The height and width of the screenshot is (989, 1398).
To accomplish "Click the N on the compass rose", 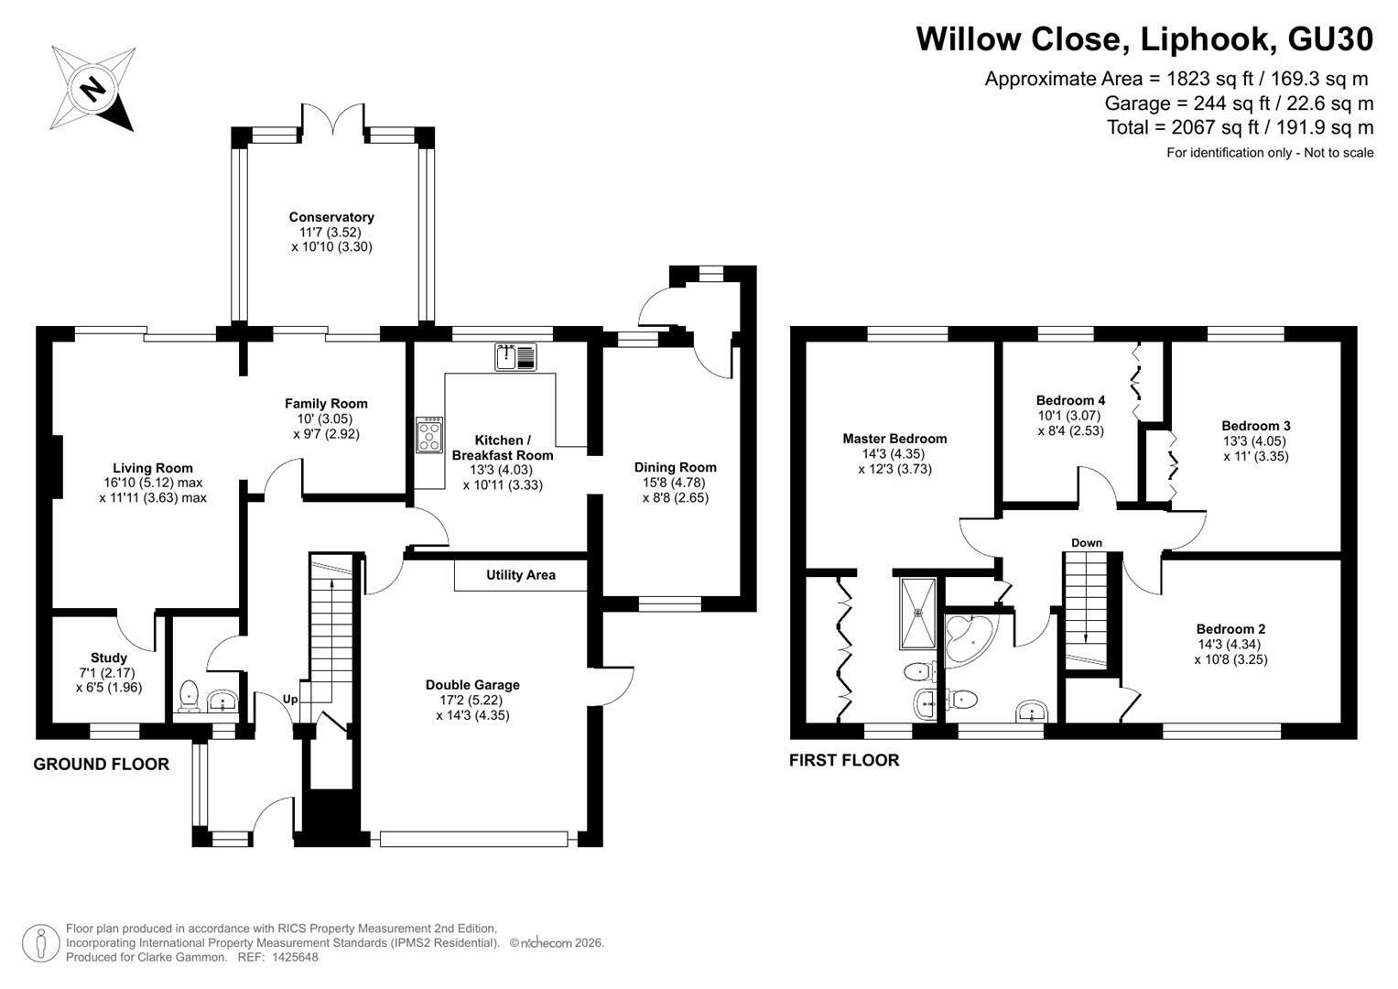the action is (x=94, y=89).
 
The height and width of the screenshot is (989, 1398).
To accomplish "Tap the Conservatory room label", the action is (x=331, y=217).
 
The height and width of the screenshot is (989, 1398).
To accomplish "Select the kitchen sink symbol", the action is (x=515, y=357).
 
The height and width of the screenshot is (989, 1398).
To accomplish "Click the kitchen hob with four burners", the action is (x=429, y=435).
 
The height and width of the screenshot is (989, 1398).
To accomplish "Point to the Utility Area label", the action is (x=521, y=575).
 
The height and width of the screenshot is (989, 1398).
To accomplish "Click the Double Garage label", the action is (x=472, y=685).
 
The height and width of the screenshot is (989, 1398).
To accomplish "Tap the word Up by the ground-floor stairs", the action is (x=290, y=700).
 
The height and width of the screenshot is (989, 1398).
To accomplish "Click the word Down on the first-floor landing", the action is (x=1087, y=542).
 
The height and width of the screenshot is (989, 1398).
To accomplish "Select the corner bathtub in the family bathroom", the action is (x=969, y=638).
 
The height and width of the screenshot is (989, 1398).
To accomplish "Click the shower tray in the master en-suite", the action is (x=918, y=614).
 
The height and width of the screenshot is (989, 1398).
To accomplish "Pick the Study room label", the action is (x=109, y=658).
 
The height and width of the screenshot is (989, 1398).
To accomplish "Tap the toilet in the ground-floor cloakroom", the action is (x=189, y=696).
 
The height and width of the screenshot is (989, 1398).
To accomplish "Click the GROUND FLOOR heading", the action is (x=101, y=765).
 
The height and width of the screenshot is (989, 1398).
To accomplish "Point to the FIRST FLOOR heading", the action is (x=844, y=760).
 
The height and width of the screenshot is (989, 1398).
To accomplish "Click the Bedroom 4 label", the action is (x=1071, y=400).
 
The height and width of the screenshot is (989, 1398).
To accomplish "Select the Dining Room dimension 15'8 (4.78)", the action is (x=675, y=483).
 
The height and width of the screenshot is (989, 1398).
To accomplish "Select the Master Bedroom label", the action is (x=895, y=439).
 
